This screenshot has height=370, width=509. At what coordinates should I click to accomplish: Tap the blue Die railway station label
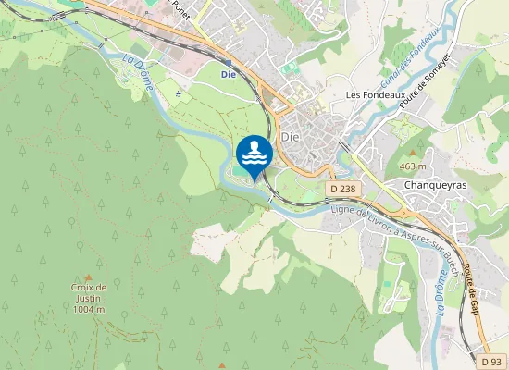point(228,73)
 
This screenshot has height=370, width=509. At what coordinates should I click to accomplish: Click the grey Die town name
point(291,136)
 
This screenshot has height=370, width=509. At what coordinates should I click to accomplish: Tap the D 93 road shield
point(494,361)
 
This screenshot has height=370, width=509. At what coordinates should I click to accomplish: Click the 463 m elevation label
point(412,166)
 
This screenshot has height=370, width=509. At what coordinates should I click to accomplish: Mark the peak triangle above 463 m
point(412,153)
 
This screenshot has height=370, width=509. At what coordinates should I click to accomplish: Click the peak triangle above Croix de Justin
point(89,277)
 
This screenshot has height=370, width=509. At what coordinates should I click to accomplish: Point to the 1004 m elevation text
point(89,309)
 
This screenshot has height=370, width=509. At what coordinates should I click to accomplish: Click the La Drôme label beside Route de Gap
point(441,294)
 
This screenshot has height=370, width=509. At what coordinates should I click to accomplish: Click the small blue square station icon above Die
point(228,62)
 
